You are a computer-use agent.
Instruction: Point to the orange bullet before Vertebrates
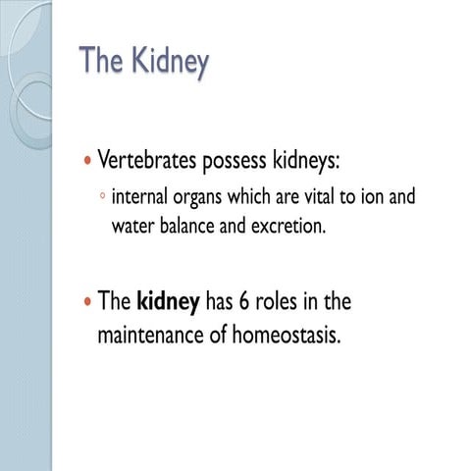(x=87, y=160)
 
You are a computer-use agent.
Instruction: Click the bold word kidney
(x=168, y=302)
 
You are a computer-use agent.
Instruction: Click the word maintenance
(x=155, y=335)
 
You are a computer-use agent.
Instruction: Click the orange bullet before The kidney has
(x=87, y=301)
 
